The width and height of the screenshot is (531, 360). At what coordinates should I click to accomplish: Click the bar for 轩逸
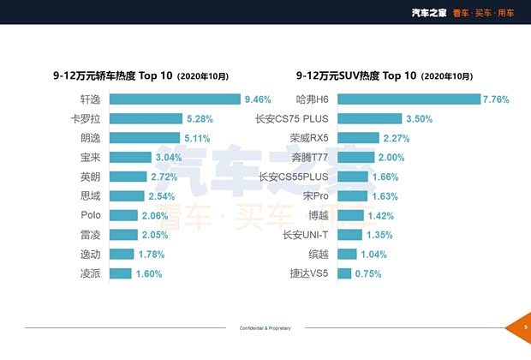175,99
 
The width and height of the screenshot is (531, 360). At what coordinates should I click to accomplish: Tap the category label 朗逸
90,138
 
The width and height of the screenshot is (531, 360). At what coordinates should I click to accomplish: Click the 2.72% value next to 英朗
164,177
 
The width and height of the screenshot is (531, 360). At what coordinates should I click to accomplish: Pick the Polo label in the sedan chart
91,215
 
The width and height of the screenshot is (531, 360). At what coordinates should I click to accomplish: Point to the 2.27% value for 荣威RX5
395,138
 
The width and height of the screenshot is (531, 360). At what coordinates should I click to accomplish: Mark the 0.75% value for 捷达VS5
369,273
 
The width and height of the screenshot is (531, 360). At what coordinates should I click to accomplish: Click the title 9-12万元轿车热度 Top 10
113,75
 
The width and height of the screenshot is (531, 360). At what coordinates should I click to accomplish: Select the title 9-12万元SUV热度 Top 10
356,75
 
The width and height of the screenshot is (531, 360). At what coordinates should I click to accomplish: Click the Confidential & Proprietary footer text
266,328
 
